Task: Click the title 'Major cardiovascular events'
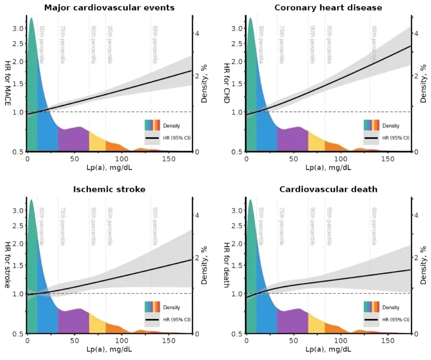tap(109, 7)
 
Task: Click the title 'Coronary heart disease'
tap(329, 7)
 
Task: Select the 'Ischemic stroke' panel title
tap(109, 189)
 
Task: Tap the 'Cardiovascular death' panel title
tap(329, 189)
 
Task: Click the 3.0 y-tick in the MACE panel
tap(18, 28)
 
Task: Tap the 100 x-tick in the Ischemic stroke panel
tap(121, 341)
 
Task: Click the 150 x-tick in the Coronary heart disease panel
tap(388, 159)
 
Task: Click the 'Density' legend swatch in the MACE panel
tap(152, 125)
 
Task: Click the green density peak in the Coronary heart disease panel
tap(251, 79)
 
